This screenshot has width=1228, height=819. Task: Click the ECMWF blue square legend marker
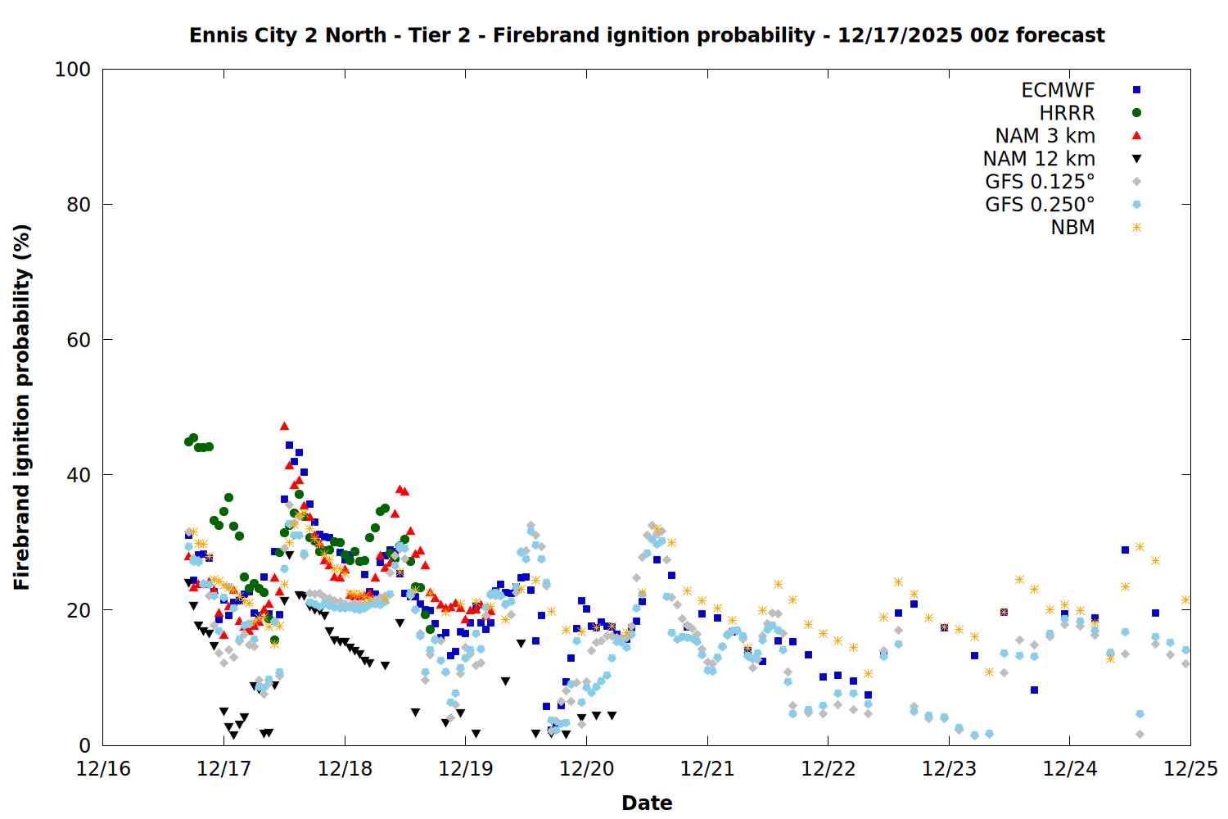(1136, 90)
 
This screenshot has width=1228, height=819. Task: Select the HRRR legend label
(1067, 113)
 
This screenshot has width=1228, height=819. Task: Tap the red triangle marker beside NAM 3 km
(1136, 135)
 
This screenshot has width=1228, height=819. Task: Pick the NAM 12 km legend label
(1039, 159)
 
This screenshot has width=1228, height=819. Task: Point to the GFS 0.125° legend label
(1040, 182)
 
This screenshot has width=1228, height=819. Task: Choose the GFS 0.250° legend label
(1040, 205)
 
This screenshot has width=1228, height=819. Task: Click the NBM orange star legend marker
(1136, 228)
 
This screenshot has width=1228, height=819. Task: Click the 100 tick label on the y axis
(73, 70)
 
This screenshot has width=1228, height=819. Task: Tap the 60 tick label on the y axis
(79, 340)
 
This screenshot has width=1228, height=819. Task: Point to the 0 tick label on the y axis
(84, 745)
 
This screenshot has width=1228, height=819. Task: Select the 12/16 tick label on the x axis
(103, 769)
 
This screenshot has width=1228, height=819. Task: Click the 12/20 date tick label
(587, 769)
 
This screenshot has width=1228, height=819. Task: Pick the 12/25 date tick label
(1190, 769)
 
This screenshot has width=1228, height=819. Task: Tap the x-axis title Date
(647, 803)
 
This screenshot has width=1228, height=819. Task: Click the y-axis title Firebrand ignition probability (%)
(22, 407)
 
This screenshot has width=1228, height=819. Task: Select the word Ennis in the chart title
(215, 35)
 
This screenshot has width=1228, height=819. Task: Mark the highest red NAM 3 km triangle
(284, 426)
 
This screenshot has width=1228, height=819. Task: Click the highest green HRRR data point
(193, 438)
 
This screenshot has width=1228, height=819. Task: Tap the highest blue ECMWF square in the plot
(289, 446)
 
